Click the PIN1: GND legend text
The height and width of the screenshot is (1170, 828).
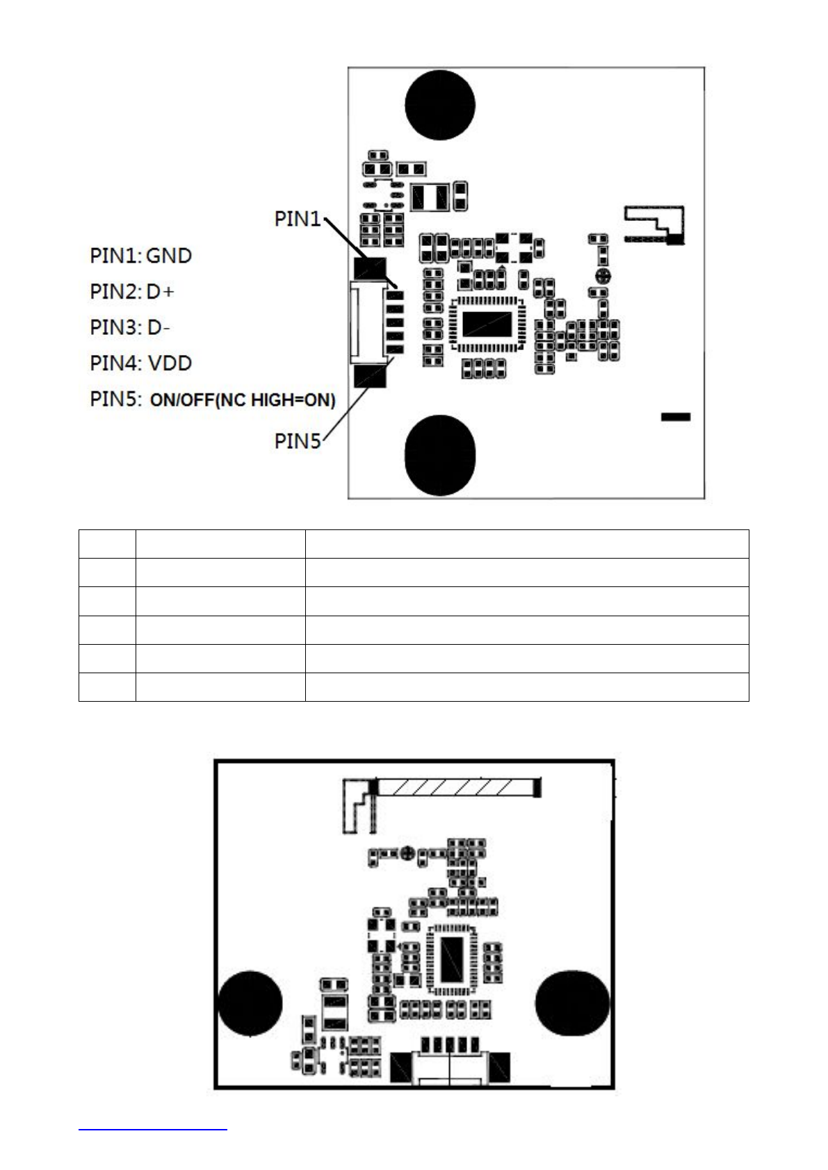click(140, 256)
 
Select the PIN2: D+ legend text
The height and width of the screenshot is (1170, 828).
click(132, 292)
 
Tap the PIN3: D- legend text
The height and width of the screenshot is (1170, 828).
click(130, 327)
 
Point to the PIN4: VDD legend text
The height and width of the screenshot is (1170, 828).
click(140, 363)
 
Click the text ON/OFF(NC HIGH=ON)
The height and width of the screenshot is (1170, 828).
click(243, 400)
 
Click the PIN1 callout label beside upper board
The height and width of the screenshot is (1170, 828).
click(298, 219)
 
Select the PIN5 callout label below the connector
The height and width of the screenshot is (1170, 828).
click(298, 441)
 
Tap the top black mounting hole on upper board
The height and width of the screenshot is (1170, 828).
click(440, 104)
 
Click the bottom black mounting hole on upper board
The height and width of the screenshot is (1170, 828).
click(440, 455)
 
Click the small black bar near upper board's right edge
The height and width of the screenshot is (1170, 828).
click(675, 417)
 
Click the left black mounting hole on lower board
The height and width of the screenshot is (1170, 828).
click(250, 1003)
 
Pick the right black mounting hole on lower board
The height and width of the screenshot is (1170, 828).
click(572, 1003)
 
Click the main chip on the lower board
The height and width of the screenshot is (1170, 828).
click(451, 959)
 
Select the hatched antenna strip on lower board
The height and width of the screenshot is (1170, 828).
click(455, 787)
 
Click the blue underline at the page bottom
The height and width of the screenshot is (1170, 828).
click(153, 1130)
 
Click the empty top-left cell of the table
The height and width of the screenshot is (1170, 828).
click(107, 544)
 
